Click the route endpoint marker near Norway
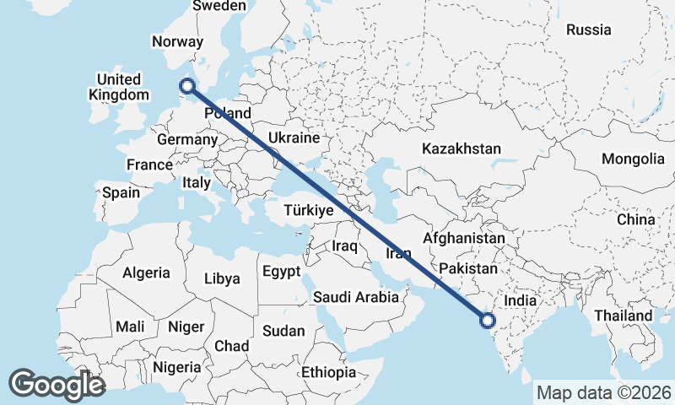pyautogui.click(x=187, y=85)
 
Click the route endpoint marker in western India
pyautogui.click(x=487, y=320)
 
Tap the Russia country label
pyautogui.click(x=588, y=30)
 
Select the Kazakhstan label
pyautogui.click(x=462, y=148)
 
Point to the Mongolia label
pyautogui.click(x=633, y=159)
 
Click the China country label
pyautogui.click(x=635, y=219)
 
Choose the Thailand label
pyautogui.click(x=622, y=316)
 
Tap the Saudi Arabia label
pyautogui.click(x=355, y=297)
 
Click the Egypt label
pyautogui.click(x=281, y=272)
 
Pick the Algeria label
pyautogui.click(x=147, y=273)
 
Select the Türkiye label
pyautogui.click(x=308, y=210)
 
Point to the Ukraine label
pyautogui.click(x=293, y=138)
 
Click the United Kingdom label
pyautogui.click(x=118, y=87)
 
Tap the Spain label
pyautogui.click(x=121, y=192)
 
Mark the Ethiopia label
pyautogui.click(x=330, y=372)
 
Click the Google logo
pyautogui.click(x=57, y=384)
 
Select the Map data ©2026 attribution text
pyautogui.click(x=603, y=392)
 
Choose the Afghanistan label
pyautogui.click(x=463, y=239)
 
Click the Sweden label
pyautogui.click(x=219, y=6)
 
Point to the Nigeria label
pyautogui.click(x=177, y=367)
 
